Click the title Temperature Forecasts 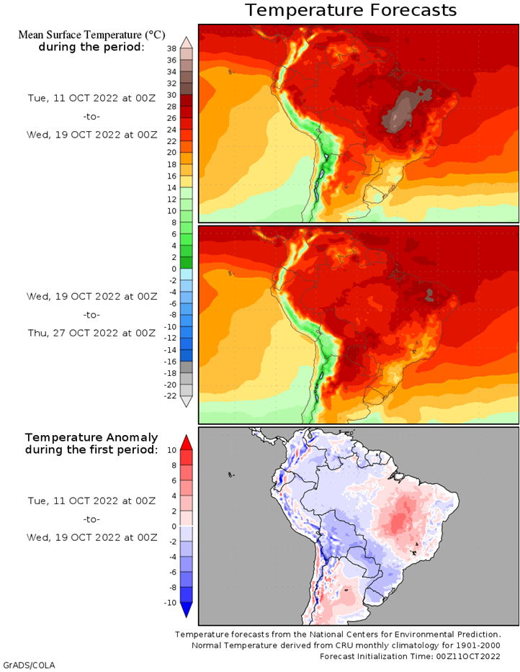(x=351, y=10)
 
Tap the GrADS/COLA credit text (x=29, y=665)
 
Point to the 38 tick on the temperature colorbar (x=172, y=48)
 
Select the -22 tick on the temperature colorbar (x=170, y=396)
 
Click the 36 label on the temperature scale (x=172, y=60)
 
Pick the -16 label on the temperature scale (x=170, y=362)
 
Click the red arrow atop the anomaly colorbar (x=186, y=442)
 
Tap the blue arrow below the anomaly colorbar (x=186, y=610)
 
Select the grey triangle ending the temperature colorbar (x=186, y=401)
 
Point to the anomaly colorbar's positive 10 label (x=172, y=450)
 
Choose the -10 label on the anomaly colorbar (x=170, y=603)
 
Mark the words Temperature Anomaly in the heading (x=91, y=438)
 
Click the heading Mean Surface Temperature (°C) (x=91, y=35)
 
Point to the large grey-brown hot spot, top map (x=404, y=109)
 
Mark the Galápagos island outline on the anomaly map (x=231, y=475)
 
